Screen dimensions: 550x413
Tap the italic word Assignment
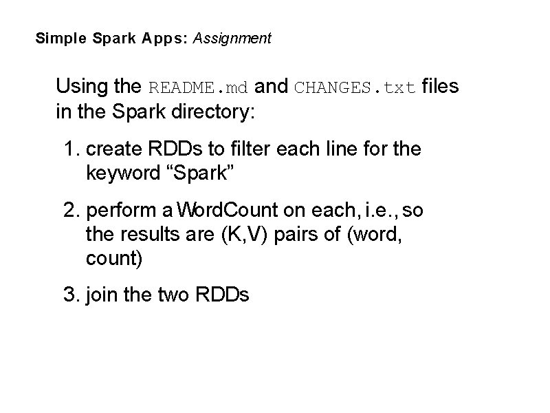click(232, 39)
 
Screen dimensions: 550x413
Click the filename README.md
click(199, 88)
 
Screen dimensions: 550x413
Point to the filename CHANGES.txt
click(355, 88)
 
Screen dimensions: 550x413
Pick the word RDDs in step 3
click(223, 295)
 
